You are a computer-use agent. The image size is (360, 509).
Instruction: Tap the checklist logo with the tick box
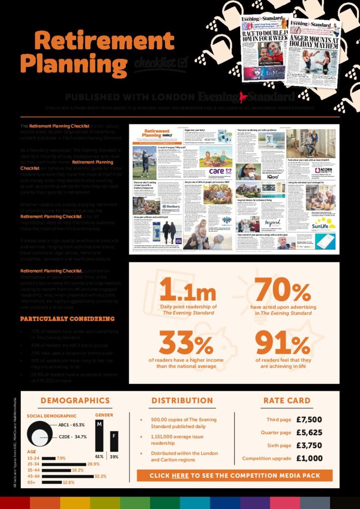pyautogui.click(x=160, y=64)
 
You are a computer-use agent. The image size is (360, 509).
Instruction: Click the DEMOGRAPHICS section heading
pyautogui.click(x=75, y=400)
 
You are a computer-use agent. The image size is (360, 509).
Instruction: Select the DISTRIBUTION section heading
pyautogui.click(x=182, y=400)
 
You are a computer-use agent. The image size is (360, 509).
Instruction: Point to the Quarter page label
pyautogui.click(x=276, y=433)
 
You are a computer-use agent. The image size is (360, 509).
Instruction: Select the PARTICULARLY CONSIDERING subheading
pyautogui.click(x=67, y=319)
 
